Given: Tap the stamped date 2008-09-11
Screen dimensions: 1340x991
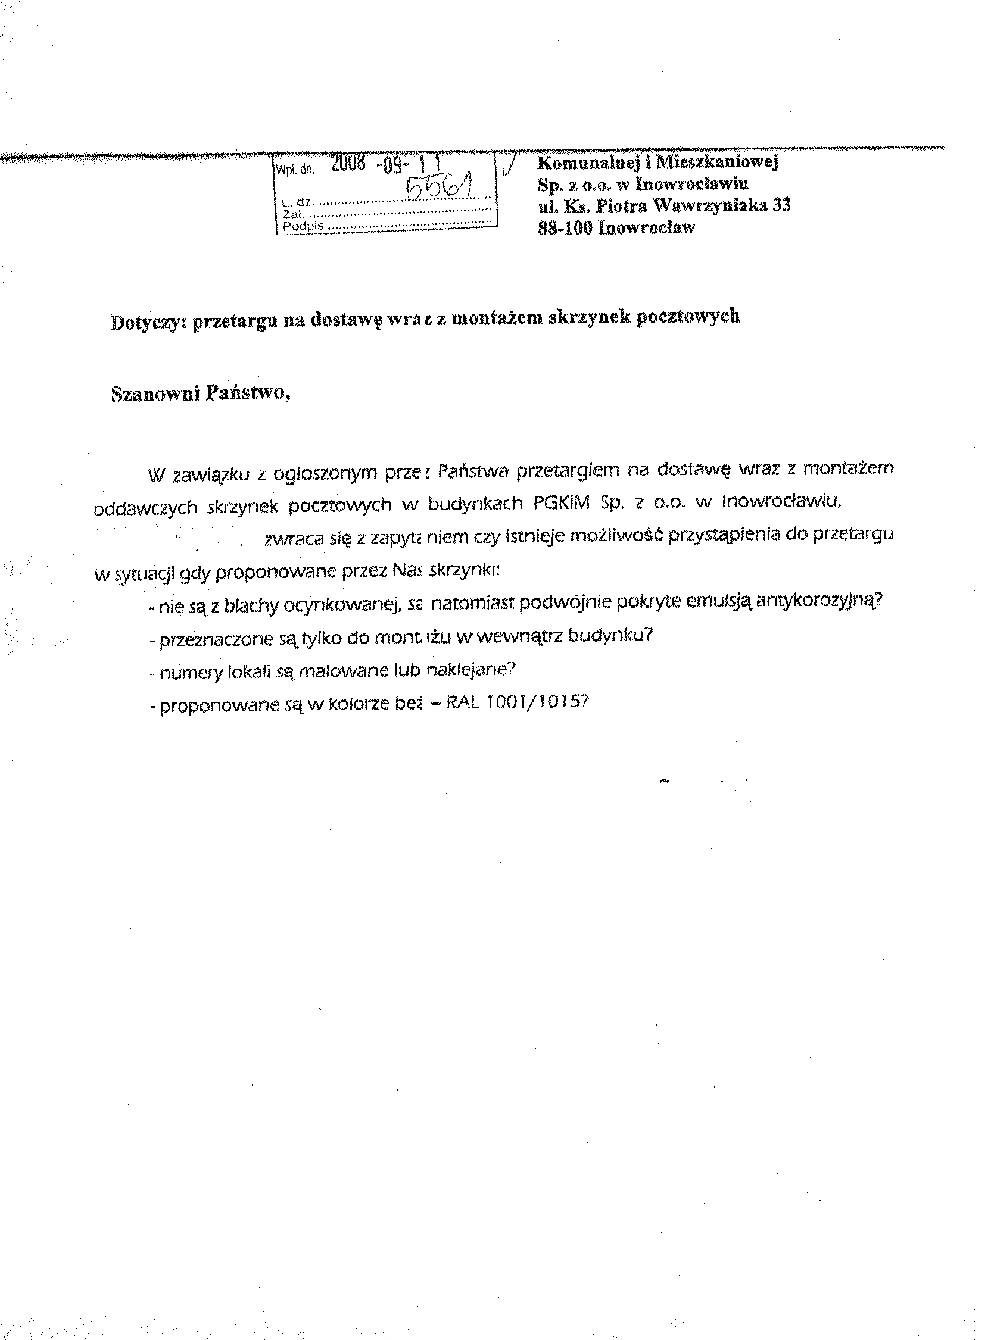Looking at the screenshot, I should tap(387, 166).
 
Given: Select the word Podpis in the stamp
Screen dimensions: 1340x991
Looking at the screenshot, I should tap(303, 226).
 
